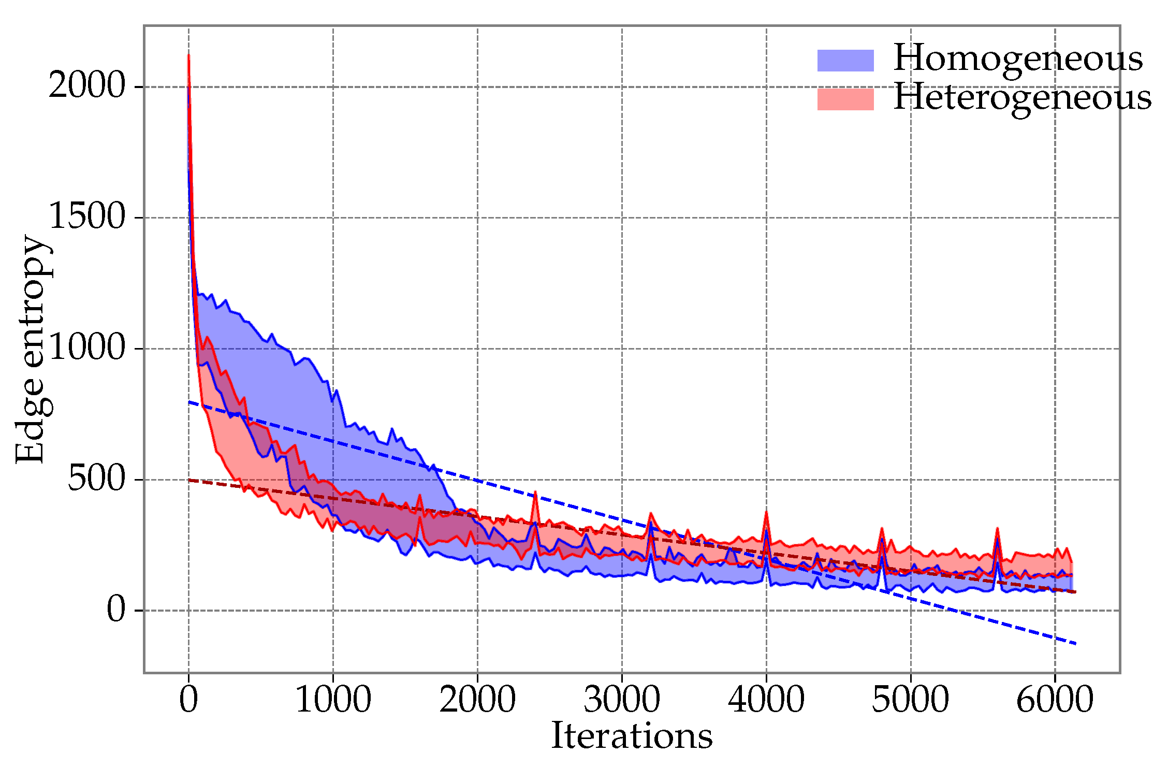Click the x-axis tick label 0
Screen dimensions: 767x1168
point(188,700)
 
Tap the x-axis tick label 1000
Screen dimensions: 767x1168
point(333,700)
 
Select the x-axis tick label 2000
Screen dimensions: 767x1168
point(477,700)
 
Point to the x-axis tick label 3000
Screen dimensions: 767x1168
point(622,700)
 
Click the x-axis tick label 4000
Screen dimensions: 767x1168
point(766,700)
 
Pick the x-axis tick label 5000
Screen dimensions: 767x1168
point(911,700)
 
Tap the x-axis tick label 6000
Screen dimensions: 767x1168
point(1055,700)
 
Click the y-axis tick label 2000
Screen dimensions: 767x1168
point(87,85)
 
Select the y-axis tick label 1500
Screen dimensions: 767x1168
point(87,216)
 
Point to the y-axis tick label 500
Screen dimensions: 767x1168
point(97,479)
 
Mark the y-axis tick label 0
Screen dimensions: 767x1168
point(116,610)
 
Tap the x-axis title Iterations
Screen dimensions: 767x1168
point(632,736)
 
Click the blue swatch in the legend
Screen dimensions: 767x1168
point(845,61)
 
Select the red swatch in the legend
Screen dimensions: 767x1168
point(845,99)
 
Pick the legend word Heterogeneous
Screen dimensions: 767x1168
point(1023,98)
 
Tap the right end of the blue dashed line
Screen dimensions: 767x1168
point(1076,643)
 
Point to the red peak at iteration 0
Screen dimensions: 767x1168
point(188,54)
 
